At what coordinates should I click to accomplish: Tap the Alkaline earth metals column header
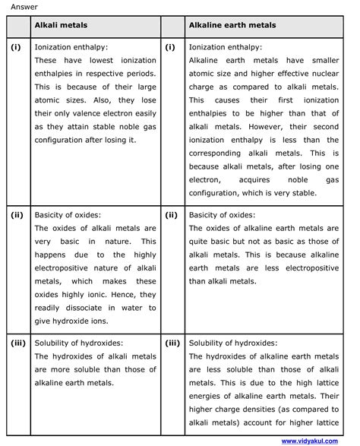click(x=232, y=26)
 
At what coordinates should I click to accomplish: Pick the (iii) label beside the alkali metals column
click(x=18, y=343)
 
